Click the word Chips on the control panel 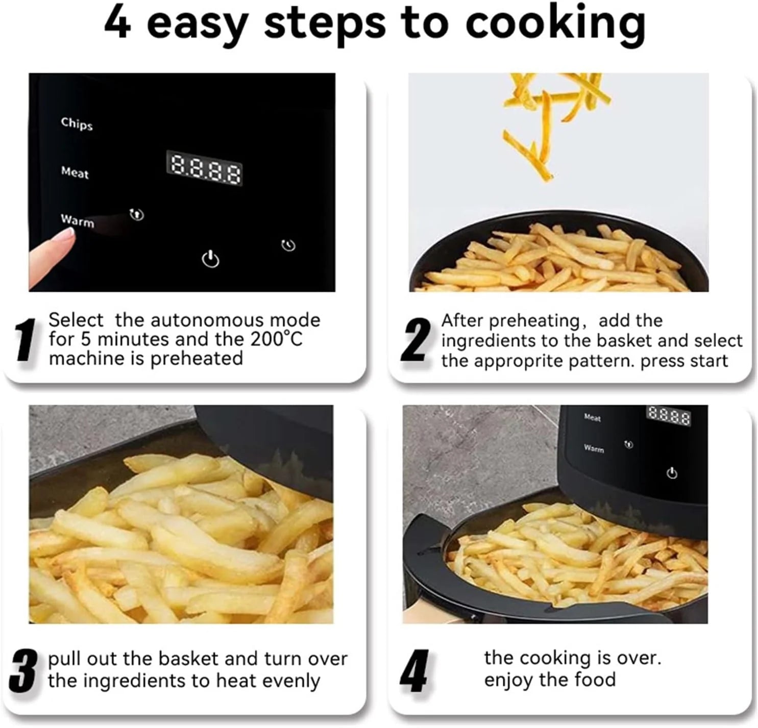77,123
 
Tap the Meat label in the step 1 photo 75,172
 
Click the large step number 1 25,340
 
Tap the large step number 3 23,670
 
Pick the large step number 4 414,670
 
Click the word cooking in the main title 555,23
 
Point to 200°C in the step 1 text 276,339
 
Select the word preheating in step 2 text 533,321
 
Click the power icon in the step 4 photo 672,473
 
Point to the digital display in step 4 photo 669,416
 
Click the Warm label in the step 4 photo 594,448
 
